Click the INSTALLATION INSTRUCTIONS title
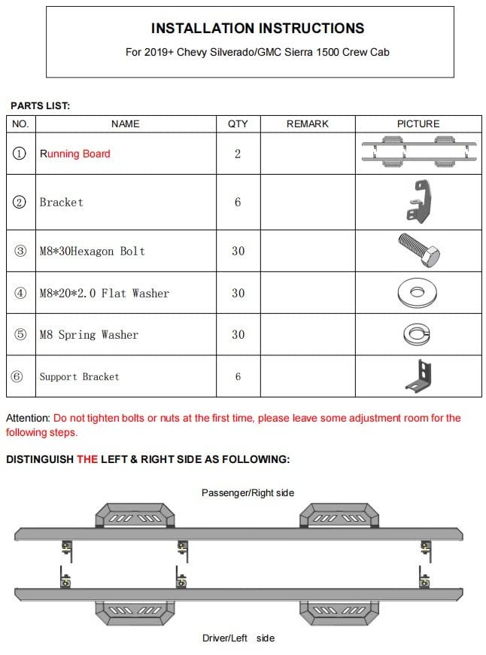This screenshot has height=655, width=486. tap(257, 29)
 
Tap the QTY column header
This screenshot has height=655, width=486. tap(238, 123)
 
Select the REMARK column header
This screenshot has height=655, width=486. tap(307, 123)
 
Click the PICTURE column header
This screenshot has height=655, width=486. tap(418, 123)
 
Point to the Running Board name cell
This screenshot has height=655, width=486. tap(75, 154)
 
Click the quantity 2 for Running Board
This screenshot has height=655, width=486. tap(238, 154)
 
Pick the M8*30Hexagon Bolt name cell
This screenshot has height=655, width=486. tap(92, 251)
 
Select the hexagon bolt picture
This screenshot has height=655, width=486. tap(418, 250)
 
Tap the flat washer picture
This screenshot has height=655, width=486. tap(418, 292)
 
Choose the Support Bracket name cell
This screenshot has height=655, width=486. tap(79, 376)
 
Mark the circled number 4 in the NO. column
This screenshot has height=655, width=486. tap(20, 293)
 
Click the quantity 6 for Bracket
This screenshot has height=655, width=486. tap(238, 203)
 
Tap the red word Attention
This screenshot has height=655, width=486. tap(28, 418)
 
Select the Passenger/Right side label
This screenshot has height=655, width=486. tap(248, 492)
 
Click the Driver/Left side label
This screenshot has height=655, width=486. tap(238, 638)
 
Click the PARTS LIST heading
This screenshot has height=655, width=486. tap(40, 106)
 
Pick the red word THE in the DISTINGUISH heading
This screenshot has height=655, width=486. tap(87, 458)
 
